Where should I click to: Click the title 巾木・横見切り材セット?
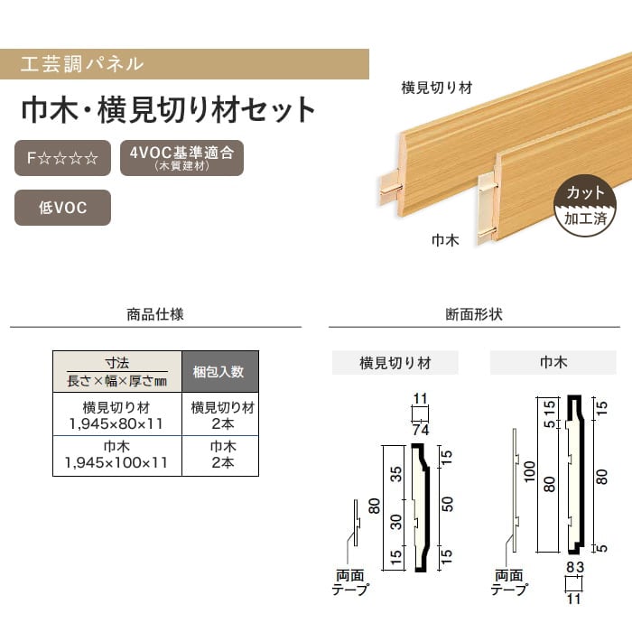pyautogui.click(x=168, y=110)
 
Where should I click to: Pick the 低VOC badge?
pyautogui.click(x=62, y=207)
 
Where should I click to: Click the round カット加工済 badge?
pyautogui.click(x=585, y=206)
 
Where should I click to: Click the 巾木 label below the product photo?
pyautogui.click(x=446, y=241)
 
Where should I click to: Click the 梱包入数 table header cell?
pyautogui.click(x=219, y=371)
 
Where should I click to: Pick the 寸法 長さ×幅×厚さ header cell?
pyautogui.click(x=117, y=371)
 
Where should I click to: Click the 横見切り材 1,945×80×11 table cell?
pyautogui.click(x=117, y=414)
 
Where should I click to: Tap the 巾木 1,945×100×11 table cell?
pyautogui.click(x=117, y=455)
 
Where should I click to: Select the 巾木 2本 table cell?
pyautogui.click(x=219, y=455)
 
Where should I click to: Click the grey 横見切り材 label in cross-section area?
pyautogui.click(x=395, y=363)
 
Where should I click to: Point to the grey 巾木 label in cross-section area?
pyautogui.click(x=553, y=363)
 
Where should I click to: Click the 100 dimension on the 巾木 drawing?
pyautogui.click(x=530, y=469)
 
